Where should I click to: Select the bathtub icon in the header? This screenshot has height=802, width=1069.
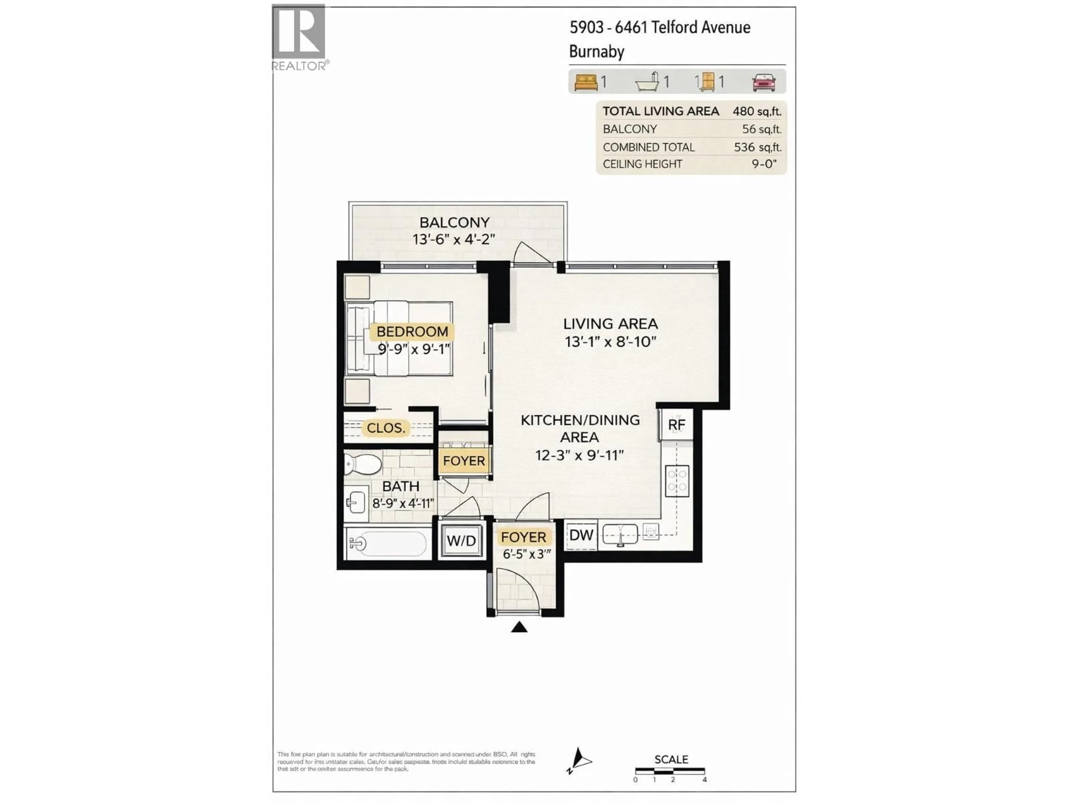coord(648,82)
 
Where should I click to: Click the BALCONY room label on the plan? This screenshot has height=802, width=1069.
coord(454,222)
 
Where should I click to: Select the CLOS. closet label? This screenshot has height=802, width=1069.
coord(386,428)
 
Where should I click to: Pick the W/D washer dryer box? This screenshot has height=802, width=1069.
coord(461,541)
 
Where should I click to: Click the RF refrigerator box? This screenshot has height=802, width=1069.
coord(676,424)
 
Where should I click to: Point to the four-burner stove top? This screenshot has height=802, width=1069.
coord(677,481)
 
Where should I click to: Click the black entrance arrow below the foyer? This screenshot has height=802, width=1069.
coord(519,627)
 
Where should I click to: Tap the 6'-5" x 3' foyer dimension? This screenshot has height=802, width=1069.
coord(526,554)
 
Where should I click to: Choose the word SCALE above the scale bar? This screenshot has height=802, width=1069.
coord(671,759)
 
